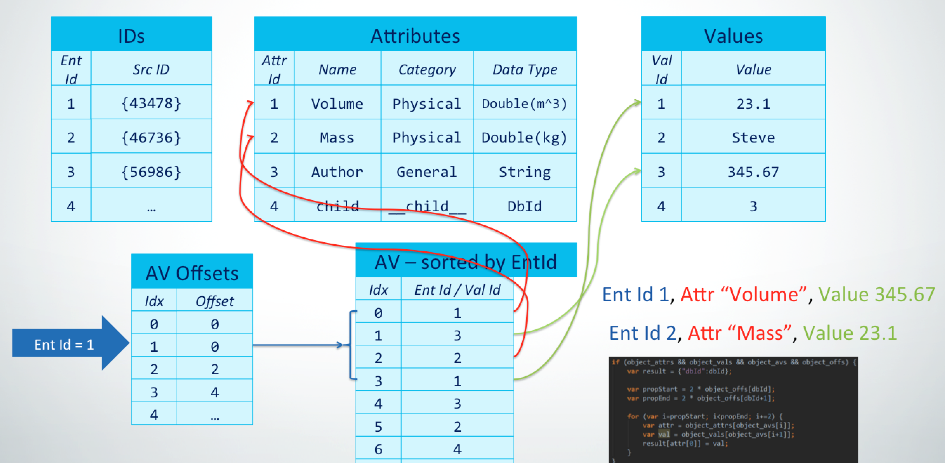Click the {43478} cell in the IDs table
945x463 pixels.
(x=151, y=104)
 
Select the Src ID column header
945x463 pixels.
(x=151, y=70)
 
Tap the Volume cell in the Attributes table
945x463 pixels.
(x=337, y=104)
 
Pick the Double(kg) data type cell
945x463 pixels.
(x=524, y=138)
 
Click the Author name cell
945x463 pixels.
(x=337, y=172)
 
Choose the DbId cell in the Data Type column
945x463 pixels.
(x=524, y=206)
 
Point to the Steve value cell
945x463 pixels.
(x=753, y=138)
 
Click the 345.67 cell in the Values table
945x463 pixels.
(x=753, y=172)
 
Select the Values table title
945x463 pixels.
(x=733, y=36)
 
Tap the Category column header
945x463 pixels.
(x=427, y=70)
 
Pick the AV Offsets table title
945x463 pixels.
(x=192, y=273)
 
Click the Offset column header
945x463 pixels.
(x=214, y=301)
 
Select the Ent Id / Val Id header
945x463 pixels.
(x=457, y=290)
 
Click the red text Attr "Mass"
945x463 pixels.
(x=739, y=333)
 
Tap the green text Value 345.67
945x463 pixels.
(x=877, y=294)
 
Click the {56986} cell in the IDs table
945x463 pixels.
(x=151, y=172)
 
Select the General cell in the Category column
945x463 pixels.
(x=427, y=172)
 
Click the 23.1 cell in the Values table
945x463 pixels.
(x=753, y=104)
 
